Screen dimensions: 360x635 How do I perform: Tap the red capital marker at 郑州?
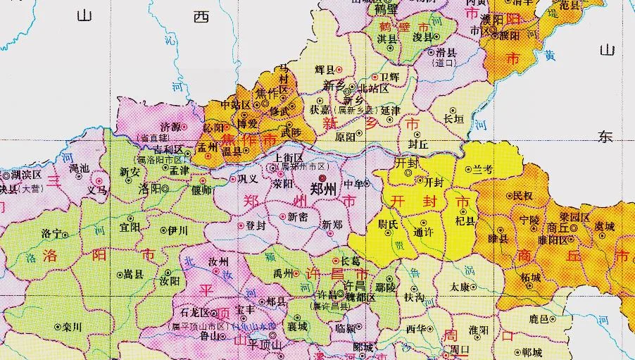coord(322,179)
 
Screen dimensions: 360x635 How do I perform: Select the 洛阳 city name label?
coord(149,189)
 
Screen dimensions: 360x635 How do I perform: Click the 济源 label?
coord(170,126)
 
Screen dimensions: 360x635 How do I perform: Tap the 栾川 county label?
coord(72,328)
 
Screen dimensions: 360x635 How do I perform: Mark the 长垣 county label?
coord(453,120)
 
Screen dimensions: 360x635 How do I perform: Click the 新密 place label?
coord(297,218)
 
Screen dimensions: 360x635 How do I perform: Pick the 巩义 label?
coord(248,179)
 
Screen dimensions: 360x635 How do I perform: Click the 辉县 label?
coord(325,69)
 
